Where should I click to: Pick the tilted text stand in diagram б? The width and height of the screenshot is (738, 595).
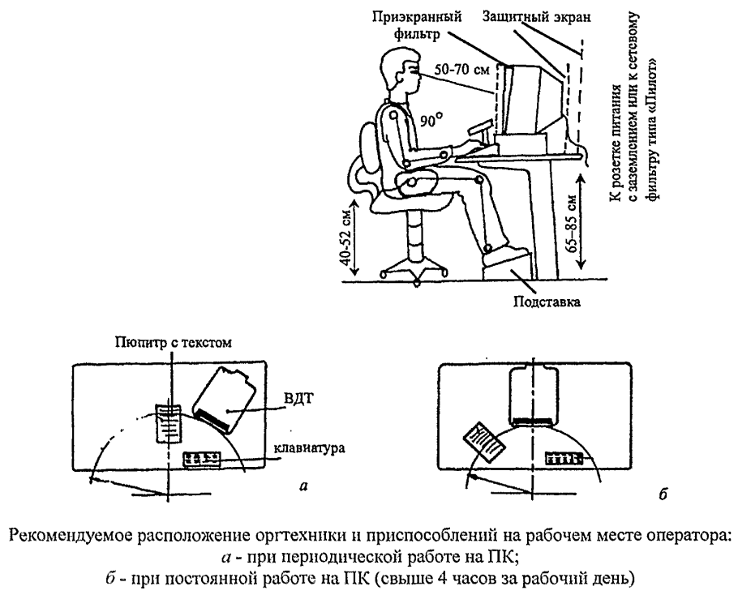(x=481, y=440)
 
